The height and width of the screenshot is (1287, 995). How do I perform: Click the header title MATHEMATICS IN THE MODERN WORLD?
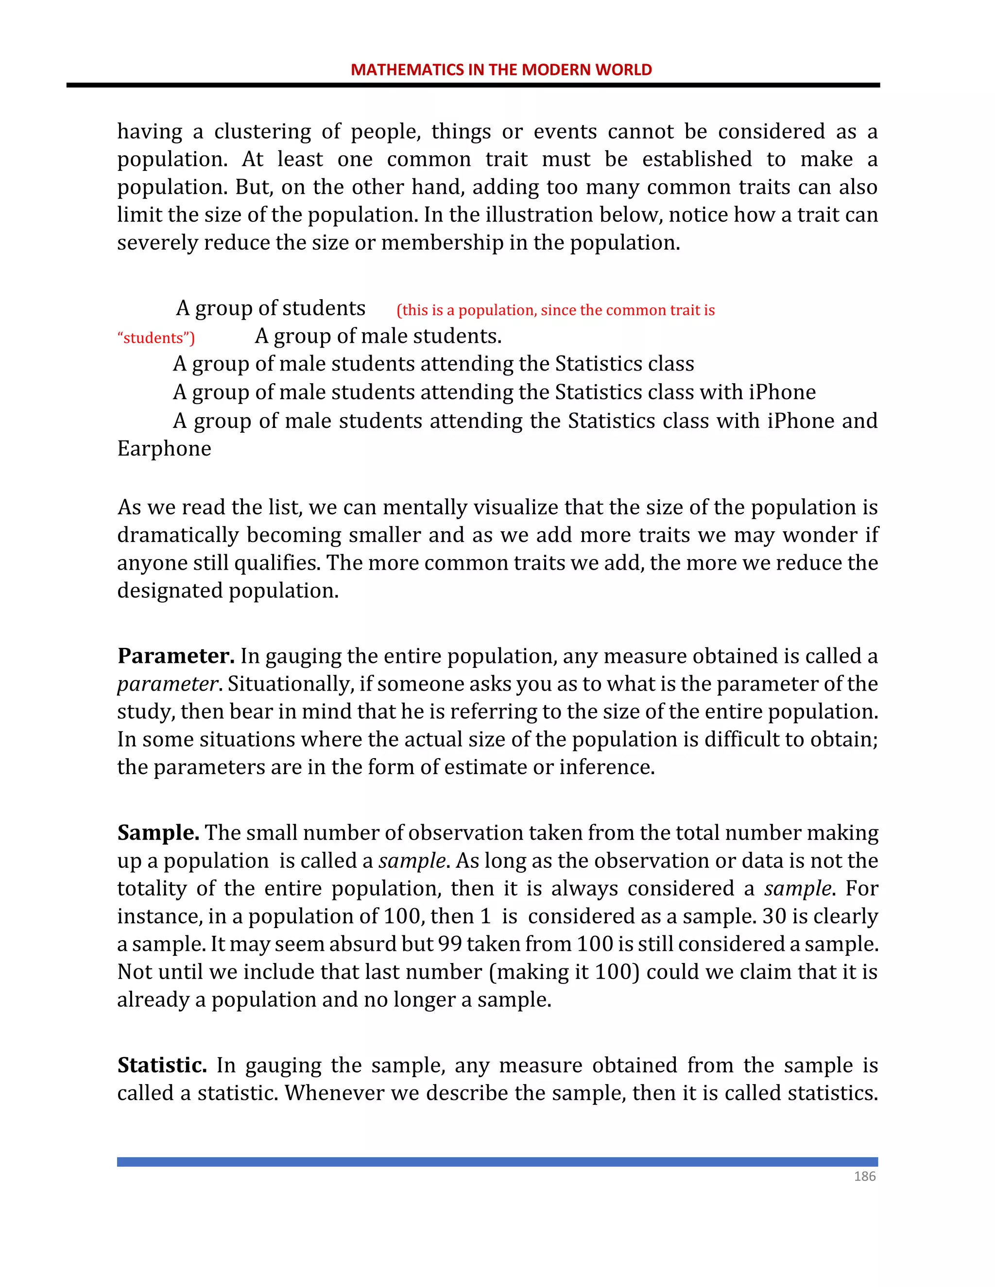501,69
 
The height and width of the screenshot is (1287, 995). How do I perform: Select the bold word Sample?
158,832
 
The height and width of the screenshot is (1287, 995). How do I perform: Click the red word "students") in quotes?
156,338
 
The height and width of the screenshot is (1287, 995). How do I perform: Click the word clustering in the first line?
262,132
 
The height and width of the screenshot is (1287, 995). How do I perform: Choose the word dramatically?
177,535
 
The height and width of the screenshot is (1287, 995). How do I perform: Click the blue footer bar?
497,1162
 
